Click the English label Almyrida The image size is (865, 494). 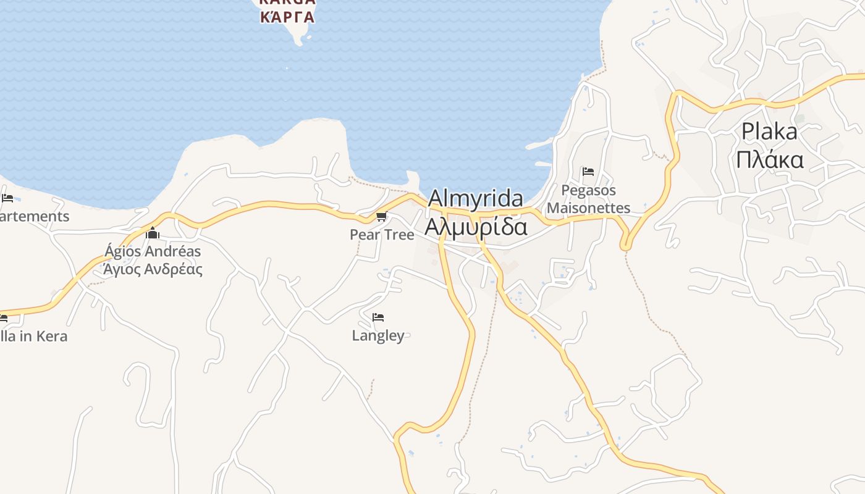pyautogui.click(x=475, y=198)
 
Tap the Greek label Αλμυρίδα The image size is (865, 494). pyautogui.click(x=475, y=227)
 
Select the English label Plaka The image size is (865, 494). pyautogui.click(x=769, y=132)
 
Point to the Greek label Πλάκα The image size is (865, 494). pyautogui.click(x=769, y=160)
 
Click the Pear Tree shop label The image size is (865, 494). pyautogui.click(x=381, y=235)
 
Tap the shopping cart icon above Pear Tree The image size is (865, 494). pyautogui.click(x=381, y=216)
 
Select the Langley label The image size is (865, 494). pyautogui.click(x=378, y=336)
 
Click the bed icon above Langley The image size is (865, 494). pyautogui.click(x=378, y=317)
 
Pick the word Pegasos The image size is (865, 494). pyautogui.click(x=588, y=190)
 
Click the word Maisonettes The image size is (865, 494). pyautogui.click(x=588, y=208)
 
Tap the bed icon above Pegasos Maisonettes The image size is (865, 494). pyautogui.click(x=588, y=172)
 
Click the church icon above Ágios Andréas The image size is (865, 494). pyautogui.click(x=153, y=233)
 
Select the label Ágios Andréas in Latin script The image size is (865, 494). pyautogui.click(x=153, y=251)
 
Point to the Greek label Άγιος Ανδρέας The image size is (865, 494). pyautogui.click(x=153, y=269)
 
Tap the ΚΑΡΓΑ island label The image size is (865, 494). pyautogui.click(x=287, y=17)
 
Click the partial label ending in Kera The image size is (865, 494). pyautogui.click(x=33, y=337)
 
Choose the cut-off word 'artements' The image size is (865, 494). pyautogui.click(x=35, y=217)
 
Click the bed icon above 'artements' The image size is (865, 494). pyautogui.click(x=7, y=198)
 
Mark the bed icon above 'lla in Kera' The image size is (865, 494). pyautogui.click(x=3, y=319)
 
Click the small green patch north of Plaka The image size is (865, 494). pyautogui.click(x=800, y=118)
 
